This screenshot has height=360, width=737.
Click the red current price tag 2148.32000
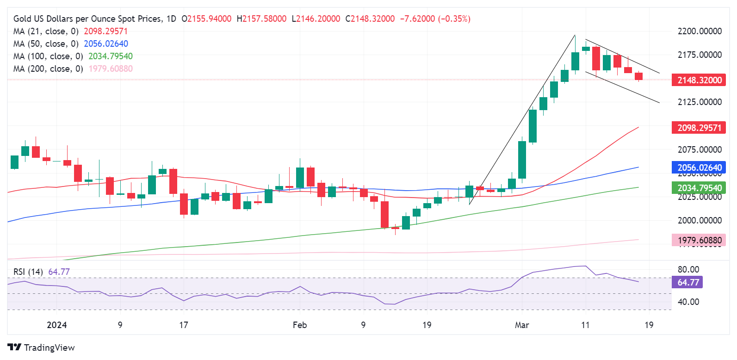pos(699,80)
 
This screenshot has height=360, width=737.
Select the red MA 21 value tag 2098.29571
pos(699,128)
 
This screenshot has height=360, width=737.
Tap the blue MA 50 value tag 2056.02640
pos(699,168)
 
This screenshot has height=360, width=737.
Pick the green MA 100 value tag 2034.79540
pos(699,188)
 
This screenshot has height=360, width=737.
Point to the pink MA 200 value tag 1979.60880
pos(699,240)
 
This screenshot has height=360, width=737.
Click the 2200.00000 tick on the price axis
pos(699,31)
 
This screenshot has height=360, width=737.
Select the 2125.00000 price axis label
pos(699,102)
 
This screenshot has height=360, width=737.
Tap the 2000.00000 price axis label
pos(699,220)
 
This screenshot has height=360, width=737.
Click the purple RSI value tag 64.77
pos(688,282)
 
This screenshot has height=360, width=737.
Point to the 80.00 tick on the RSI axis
pos(688,269)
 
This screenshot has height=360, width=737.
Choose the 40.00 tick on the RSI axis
pos(688,302)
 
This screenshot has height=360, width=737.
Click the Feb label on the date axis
pos(300,325)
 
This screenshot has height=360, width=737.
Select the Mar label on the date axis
pos(522,325)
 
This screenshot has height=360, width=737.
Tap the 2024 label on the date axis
pos(57,325)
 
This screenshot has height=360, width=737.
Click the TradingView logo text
pos(49,348)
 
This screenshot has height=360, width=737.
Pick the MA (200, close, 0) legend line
pos(48,68)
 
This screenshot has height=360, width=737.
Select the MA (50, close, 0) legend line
pos(46,43)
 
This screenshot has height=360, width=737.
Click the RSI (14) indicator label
pos(28,272)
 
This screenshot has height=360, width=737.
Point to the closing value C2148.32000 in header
pos(370,19)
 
